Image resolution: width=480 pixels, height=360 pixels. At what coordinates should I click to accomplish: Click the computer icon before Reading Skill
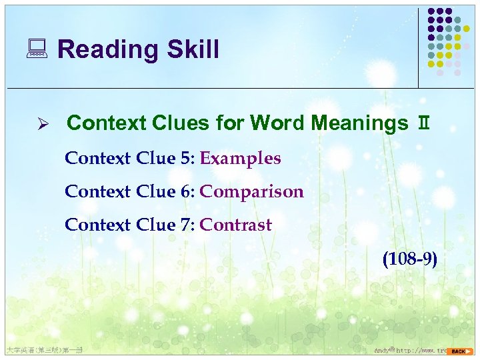pos(39,49)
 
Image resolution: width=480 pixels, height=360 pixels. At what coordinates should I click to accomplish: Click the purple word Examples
pos(240,159)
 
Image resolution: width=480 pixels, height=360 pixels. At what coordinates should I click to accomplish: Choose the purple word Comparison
pos(251,192)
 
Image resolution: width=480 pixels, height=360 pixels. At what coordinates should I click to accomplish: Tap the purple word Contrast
pos(235,225)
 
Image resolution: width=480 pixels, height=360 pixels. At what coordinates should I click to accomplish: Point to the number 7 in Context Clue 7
pos(185,225)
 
